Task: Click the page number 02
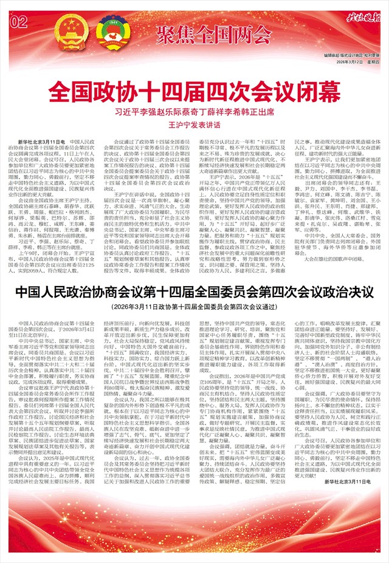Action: (19, 23)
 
